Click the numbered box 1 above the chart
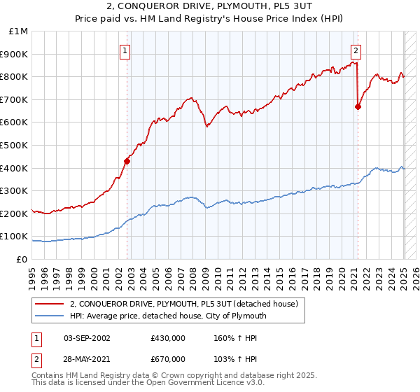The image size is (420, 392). tap(124, 50)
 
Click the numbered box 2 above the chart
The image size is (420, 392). tap(356, 50)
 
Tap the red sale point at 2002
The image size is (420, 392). tap(127, 160)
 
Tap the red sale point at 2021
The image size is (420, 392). tap(358, 106)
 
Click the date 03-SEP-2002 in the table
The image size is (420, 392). tap(87, 338)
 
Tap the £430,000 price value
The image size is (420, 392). tap(167, 338)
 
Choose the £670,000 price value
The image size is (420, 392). tap(167, 359)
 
